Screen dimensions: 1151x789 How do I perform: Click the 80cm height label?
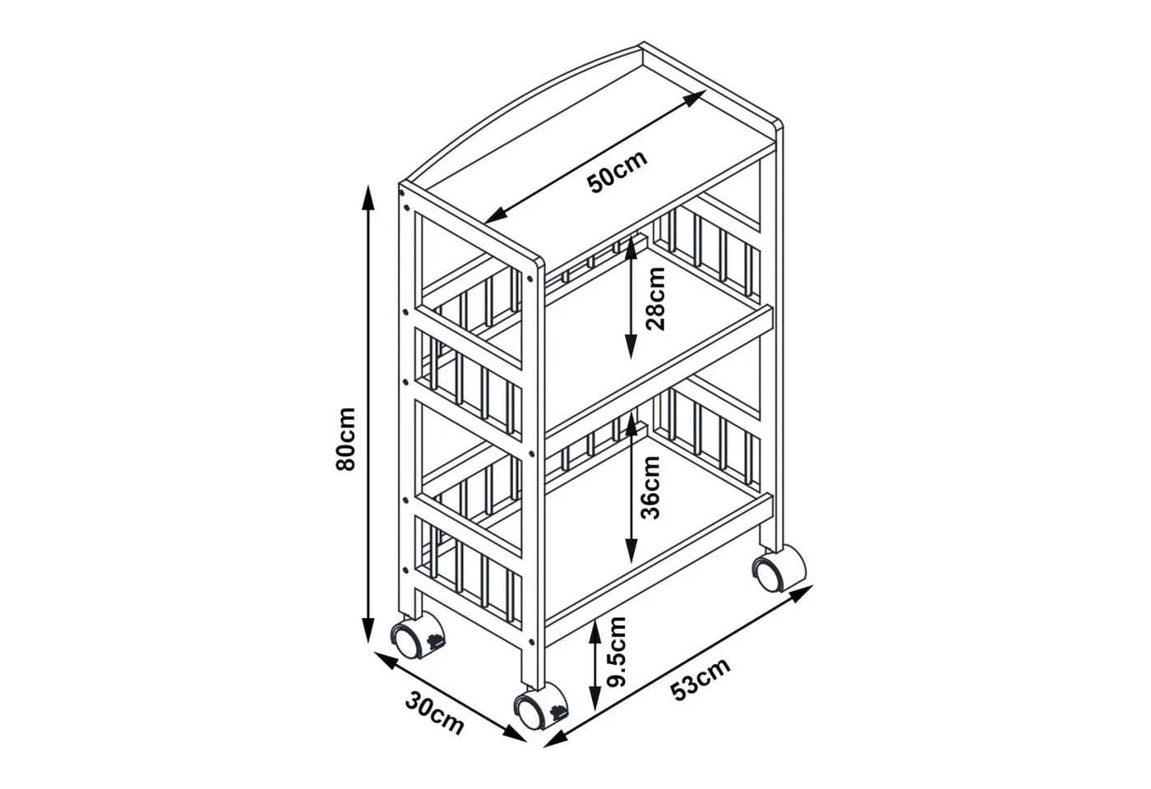coord(345,439)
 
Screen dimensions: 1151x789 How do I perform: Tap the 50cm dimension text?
coord(617,172)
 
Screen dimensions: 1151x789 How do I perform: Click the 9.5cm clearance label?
coord(616,652)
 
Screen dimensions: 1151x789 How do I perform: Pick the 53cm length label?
coord(700,679)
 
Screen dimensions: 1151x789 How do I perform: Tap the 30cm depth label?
coord(435,713)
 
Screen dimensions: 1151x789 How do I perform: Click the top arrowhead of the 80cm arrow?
coord(368,198)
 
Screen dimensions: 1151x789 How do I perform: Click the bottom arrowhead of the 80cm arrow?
coord(368,630)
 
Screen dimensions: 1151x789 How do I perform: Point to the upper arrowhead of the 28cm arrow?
coord(631,250)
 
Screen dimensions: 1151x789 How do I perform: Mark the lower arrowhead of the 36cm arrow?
coord(631,549)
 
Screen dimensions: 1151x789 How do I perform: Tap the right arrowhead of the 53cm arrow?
coord(801,593)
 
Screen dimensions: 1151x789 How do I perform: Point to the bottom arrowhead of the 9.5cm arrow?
coord(594,699)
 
